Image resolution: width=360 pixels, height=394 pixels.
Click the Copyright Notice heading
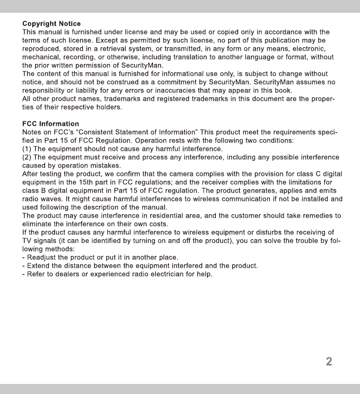51,23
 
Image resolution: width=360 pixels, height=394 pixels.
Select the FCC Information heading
50,124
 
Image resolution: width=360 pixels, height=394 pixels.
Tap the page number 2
329,362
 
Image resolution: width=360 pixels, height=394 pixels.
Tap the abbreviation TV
27,240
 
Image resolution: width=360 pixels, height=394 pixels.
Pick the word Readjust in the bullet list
42,257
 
